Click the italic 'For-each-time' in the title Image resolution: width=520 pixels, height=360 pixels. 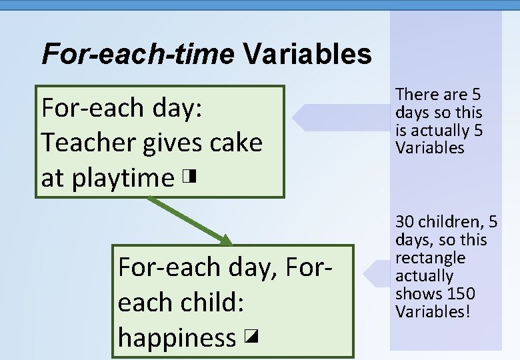pos(137,53)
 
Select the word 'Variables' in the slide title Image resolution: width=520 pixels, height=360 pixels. pos(307,53)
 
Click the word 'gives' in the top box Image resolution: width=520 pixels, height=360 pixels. pos(175,142)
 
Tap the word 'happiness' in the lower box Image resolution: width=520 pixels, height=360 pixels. pos(177,337)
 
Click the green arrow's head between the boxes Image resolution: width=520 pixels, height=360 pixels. pos(227,241)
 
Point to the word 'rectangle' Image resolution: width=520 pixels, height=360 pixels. pos(430,258)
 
